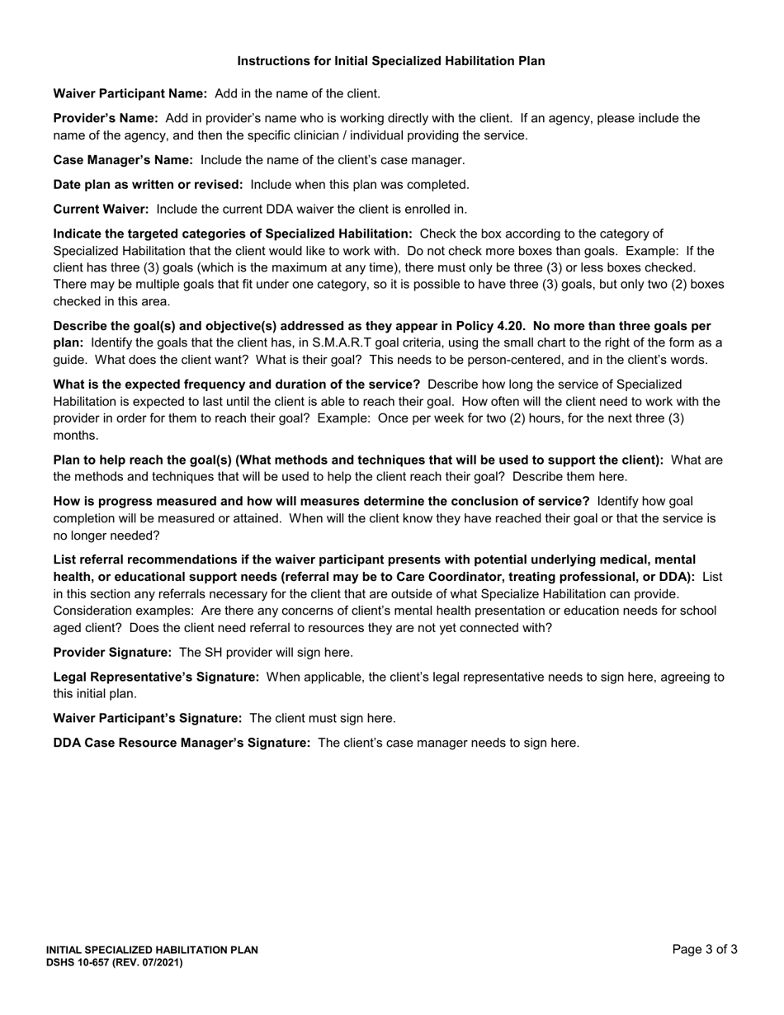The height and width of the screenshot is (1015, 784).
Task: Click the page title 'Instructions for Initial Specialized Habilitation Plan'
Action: [x=391, y=61]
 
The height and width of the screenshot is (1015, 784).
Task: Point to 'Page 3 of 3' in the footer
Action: [x=705, y=950]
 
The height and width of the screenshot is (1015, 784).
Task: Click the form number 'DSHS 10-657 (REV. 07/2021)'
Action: [x=114, y=962]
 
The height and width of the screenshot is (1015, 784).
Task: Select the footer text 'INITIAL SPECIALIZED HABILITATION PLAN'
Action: [x=152, y=950]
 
